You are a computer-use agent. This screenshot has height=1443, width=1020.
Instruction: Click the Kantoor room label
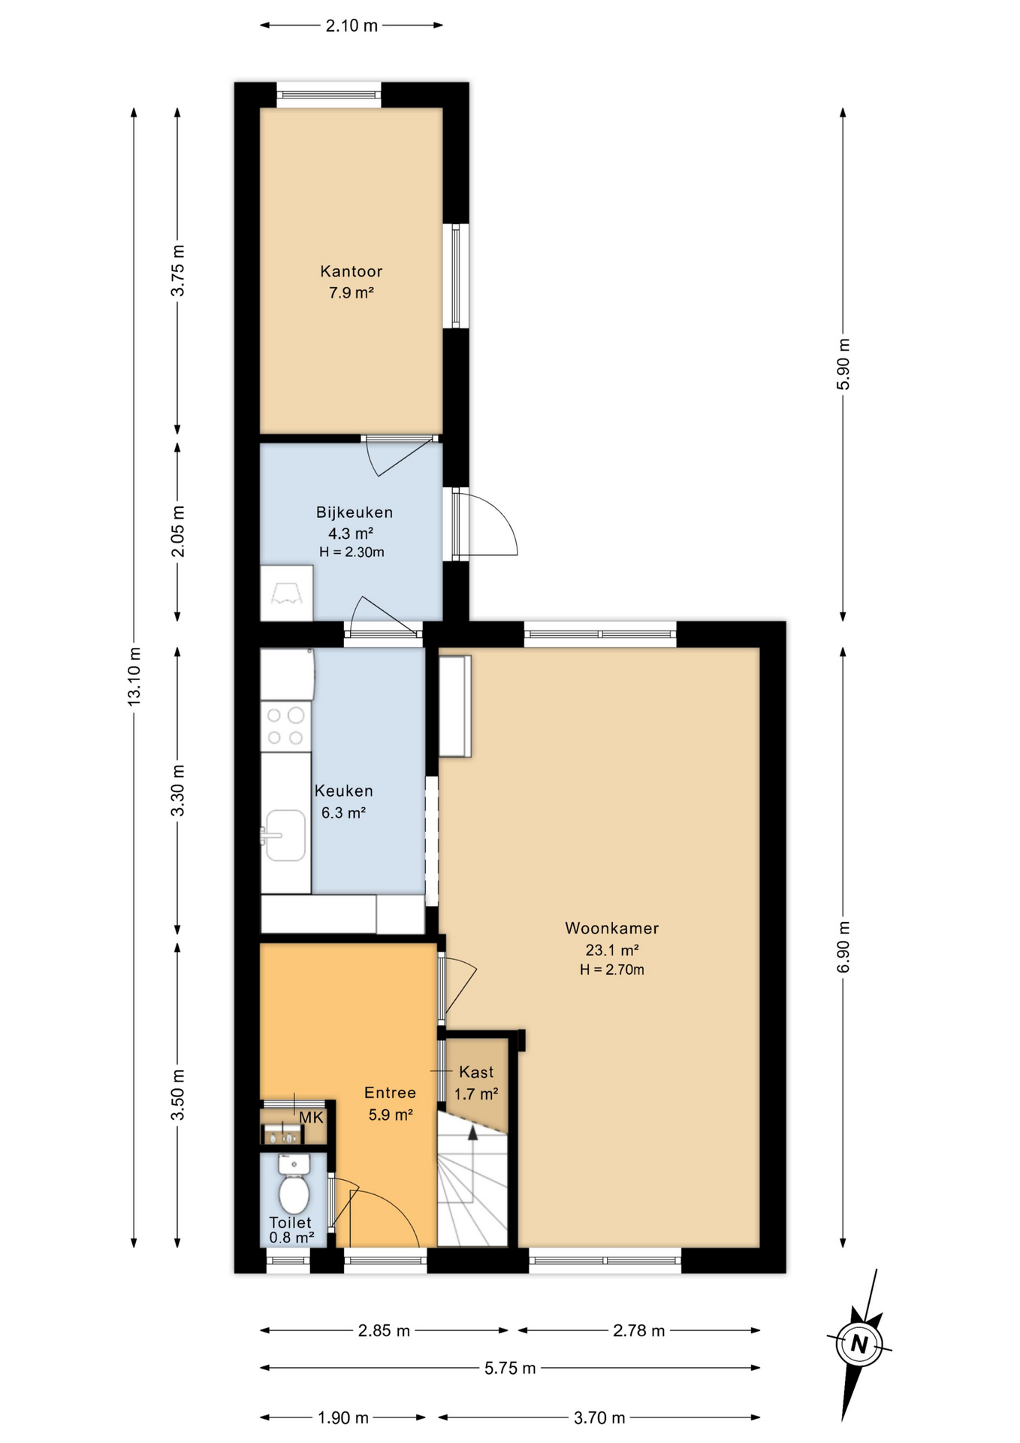point(351,271)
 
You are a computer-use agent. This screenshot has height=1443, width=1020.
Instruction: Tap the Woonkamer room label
point(611,928)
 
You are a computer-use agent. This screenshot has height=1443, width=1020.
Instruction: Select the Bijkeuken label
point(354,513)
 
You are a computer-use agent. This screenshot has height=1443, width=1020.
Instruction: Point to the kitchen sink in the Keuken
point(285,834)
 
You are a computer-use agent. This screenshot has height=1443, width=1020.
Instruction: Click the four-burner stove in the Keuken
point(285,726)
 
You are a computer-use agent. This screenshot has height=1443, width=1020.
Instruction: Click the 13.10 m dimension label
point(134,676)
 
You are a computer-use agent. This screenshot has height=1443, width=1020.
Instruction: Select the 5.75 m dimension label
point(510,1368)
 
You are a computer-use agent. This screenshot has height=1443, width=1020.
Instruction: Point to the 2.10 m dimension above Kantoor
point(352,26)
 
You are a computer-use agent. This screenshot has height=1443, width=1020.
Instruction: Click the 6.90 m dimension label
point(843,947)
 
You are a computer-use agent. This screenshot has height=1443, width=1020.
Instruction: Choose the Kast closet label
point(476,1072)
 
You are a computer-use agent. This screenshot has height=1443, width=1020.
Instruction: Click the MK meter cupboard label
point(311,1118)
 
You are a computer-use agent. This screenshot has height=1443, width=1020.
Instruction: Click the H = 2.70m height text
point(611,970)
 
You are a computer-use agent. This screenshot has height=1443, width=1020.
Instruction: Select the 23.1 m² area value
point(611,949)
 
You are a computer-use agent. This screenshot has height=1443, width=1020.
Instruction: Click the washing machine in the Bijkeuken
point(286,593)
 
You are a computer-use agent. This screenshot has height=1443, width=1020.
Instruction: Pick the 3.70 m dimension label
point(599,1417)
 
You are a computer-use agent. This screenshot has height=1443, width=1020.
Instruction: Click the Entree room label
point(390,1093)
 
